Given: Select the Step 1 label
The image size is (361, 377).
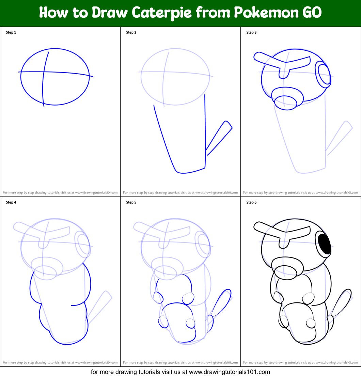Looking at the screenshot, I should pos(11,33).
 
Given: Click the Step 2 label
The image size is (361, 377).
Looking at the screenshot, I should pos(131,33).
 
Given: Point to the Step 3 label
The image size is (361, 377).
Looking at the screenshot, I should pos(251,33).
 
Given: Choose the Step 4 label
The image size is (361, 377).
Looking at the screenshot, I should pos(11,203).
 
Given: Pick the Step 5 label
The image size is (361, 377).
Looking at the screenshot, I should pos(131,203).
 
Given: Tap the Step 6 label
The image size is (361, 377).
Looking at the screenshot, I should pos(251,203).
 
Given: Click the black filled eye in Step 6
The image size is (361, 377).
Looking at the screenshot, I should pos(325,244).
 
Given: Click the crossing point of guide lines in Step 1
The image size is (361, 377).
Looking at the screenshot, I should pos(43,72).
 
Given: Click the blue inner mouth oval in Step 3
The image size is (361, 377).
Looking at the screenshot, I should pos(285,103).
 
